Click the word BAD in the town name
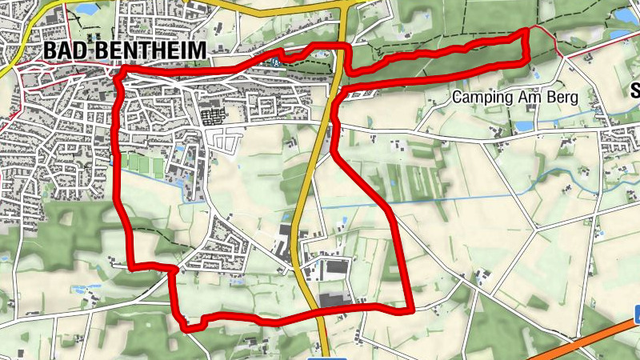(x=61, y=50)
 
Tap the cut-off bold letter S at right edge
(x=635, y=89)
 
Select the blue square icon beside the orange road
(x=635, y=314)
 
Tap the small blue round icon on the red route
(x=275, y=61)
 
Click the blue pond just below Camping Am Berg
(x=524, y=126)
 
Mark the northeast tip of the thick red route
(x=526, y=31)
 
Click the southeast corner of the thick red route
(x=410, y=307)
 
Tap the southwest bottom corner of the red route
(x=186, y=326)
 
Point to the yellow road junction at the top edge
(x=346, y=5)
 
